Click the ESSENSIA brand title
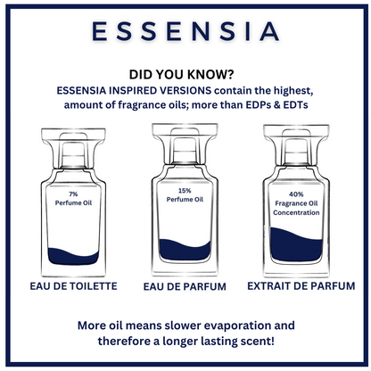[185, 31]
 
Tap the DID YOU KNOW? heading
[181, 74]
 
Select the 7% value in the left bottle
[73, 194]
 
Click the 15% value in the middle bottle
[185, 191]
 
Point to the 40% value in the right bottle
[296, 194]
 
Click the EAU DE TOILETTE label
[73, 286]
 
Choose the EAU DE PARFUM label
[185, 286]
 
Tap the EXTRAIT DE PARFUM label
[301, 286]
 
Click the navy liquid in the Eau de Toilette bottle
[73, 257]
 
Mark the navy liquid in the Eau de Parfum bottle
[185, 251]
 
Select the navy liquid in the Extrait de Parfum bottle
[296, 246]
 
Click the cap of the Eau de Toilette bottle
[73, 148]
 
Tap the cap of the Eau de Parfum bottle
[185, 144]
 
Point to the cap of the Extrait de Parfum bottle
[296, 144]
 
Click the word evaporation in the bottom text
[237, 326]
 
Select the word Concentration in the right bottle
[296, 212]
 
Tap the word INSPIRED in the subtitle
[133, 91]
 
